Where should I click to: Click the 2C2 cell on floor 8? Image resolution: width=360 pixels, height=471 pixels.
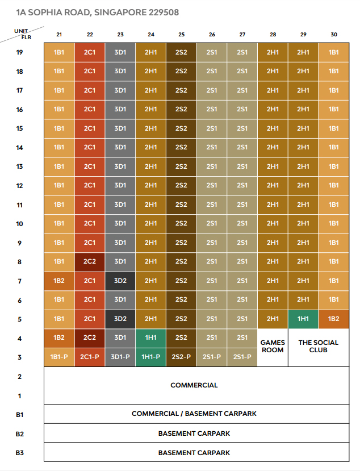(90, 262)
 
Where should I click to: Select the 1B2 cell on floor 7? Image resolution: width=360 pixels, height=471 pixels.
(59, 281)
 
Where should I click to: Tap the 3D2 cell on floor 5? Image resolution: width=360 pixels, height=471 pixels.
(120, 319)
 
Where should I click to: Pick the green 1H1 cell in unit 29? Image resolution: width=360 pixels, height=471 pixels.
(303, 319)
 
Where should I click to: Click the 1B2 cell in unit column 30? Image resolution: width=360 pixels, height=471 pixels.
(334, 319)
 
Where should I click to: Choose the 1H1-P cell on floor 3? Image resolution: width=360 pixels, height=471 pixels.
(150, 357)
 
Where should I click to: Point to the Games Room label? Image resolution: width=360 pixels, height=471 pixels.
(273, 347)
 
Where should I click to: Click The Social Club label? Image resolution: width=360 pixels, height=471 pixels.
(319, 347)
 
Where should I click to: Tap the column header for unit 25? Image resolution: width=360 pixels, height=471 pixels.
(181, 35)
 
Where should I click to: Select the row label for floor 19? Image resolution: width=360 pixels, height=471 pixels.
(19, 52)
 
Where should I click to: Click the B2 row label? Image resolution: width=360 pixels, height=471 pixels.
(19, 434)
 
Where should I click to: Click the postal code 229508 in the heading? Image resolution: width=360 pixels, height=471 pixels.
(164, 12)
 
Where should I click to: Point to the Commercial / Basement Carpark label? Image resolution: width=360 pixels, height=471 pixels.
(194, 414)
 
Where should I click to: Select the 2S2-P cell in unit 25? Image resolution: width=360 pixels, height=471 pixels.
(181, 357)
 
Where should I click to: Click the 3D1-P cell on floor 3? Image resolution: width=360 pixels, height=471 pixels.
(120, 357)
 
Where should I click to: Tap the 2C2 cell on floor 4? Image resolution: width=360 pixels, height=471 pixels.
(90, 338)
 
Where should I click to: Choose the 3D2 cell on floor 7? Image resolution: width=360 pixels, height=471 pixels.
(120, 281)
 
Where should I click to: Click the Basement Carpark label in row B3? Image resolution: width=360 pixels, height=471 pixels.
(194, 453)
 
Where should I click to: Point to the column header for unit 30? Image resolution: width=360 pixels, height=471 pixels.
(334, 35)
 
